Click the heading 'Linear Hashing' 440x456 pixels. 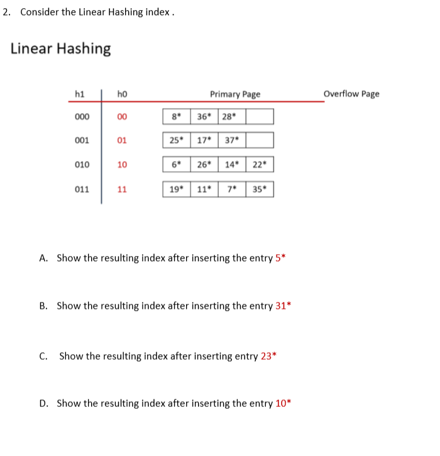click(60, 48)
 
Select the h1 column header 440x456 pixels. click(80, 94)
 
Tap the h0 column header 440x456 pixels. click(122, 94)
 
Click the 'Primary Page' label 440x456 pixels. click(234, 94)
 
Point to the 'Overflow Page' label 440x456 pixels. click(351, 94)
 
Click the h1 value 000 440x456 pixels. click(82, 116)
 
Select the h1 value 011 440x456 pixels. click(82, 189)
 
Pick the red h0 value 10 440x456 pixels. click(122, 165)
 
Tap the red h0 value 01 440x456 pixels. click(122, 140)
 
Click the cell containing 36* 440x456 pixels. click(204, 116)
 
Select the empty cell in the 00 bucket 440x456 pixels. click(259, 116)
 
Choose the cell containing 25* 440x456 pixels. click(176, 140)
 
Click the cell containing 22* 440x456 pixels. click(259, 165)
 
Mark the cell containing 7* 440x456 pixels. click(231, 189)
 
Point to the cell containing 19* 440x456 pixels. click(176, 189)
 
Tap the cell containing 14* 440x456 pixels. click(231, 165)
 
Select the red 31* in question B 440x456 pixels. click(283, 306)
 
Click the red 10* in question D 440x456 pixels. click(283, 404)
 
